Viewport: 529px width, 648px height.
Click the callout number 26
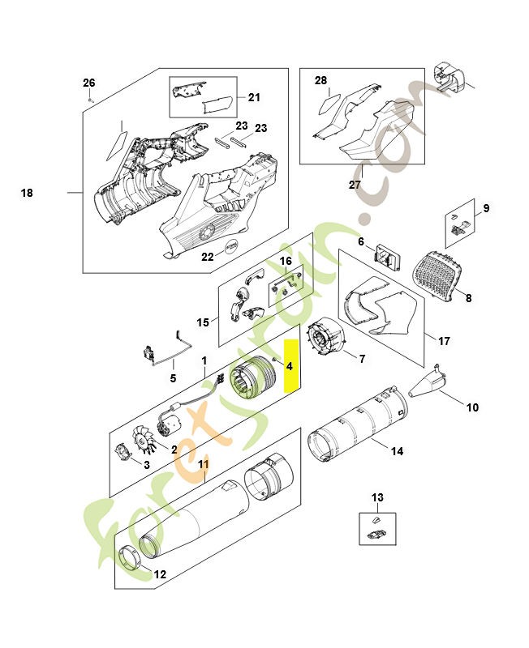coord(89,83)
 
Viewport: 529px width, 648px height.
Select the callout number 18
coord(27,194)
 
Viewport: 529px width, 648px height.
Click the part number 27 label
coord(355,185)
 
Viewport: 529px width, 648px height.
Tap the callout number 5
coord(172,377)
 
